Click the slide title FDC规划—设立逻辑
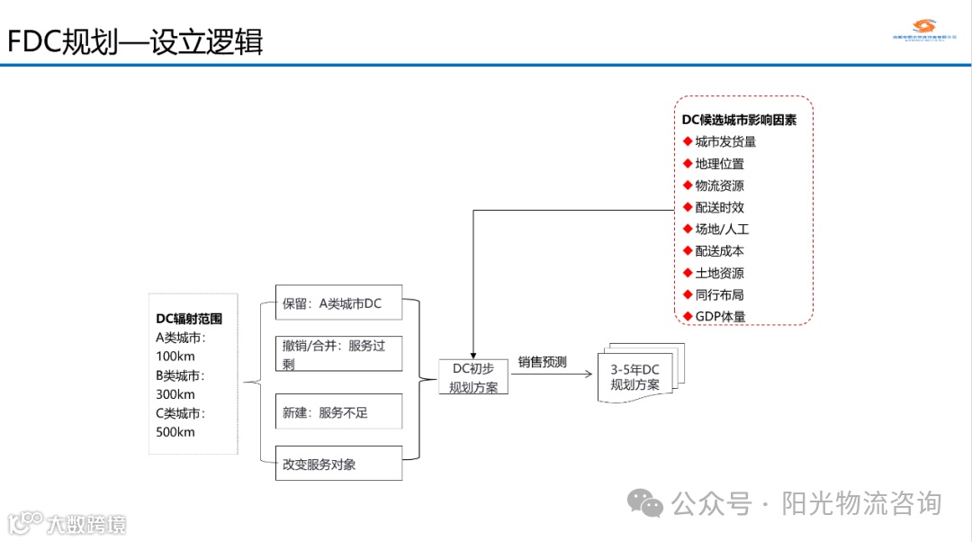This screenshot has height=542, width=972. (x=135, y=41)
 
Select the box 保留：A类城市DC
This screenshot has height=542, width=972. (x=337, y=304)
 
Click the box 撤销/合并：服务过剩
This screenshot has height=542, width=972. (x=337, y=354)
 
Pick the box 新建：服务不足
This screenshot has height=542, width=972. (x=337, y=411)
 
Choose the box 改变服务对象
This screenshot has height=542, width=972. (x=337, y=464)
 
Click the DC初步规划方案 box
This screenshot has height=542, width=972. (x=473, y=377)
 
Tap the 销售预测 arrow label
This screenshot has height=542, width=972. (x=542, y=363)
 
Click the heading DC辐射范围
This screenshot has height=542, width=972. (x=189, y=319)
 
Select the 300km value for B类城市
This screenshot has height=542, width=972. (x=175, y=394)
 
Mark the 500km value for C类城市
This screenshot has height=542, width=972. (x=175, y=432)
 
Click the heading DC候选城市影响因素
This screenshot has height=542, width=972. (x=739, y=119)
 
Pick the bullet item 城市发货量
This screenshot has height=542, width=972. (x=725, y=141)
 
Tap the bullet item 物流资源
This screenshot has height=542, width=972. (x=719, y=185)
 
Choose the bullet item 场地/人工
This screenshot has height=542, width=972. (x=722, y=230)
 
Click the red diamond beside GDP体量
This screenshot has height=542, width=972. (x=688, y=316)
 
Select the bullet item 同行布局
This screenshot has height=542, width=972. (x=719, y=294)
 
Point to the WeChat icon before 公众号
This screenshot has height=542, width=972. (x=646, y=503)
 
